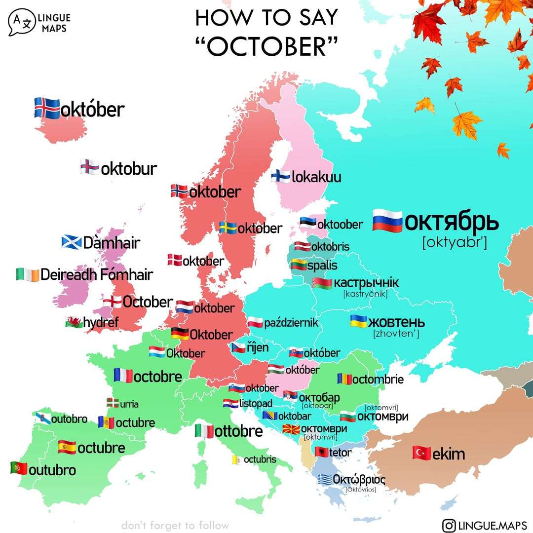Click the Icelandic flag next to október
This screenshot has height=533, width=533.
(x=47, y=108)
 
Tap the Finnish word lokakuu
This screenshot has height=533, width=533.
(x=316, y=177)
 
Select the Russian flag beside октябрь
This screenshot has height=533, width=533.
(x=388, y=220)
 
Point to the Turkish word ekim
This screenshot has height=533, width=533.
(x=449, y=454)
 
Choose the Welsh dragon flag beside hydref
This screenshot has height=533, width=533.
(x=73, y=323)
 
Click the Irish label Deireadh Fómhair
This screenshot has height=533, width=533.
(x=96, y=274)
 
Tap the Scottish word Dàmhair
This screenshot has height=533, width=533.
(x=112, y=243)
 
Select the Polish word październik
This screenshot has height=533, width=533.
(x=291, y=323)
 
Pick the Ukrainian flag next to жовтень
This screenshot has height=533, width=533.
(x=358, y=322)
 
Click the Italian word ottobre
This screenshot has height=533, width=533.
(x=238, y=431)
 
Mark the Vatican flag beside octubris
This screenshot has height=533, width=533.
(x=236, y=460)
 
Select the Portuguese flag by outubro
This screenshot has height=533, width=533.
(x=19, y=468)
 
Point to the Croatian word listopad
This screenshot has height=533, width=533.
(x=256, y=403)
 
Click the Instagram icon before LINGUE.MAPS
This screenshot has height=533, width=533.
(x=449, y=525)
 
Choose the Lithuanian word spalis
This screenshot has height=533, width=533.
(x=322, y=266)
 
